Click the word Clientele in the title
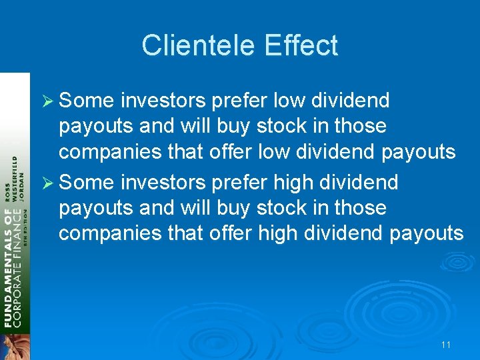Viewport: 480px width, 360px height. pyautogui.click(x=199, y=46)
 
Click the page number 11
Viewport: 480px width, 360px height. pyautogui.click(x=446, y=345)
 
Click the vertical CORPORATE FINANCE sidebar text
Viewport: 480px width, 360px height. pyautogui.click(x=18, y=280)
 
